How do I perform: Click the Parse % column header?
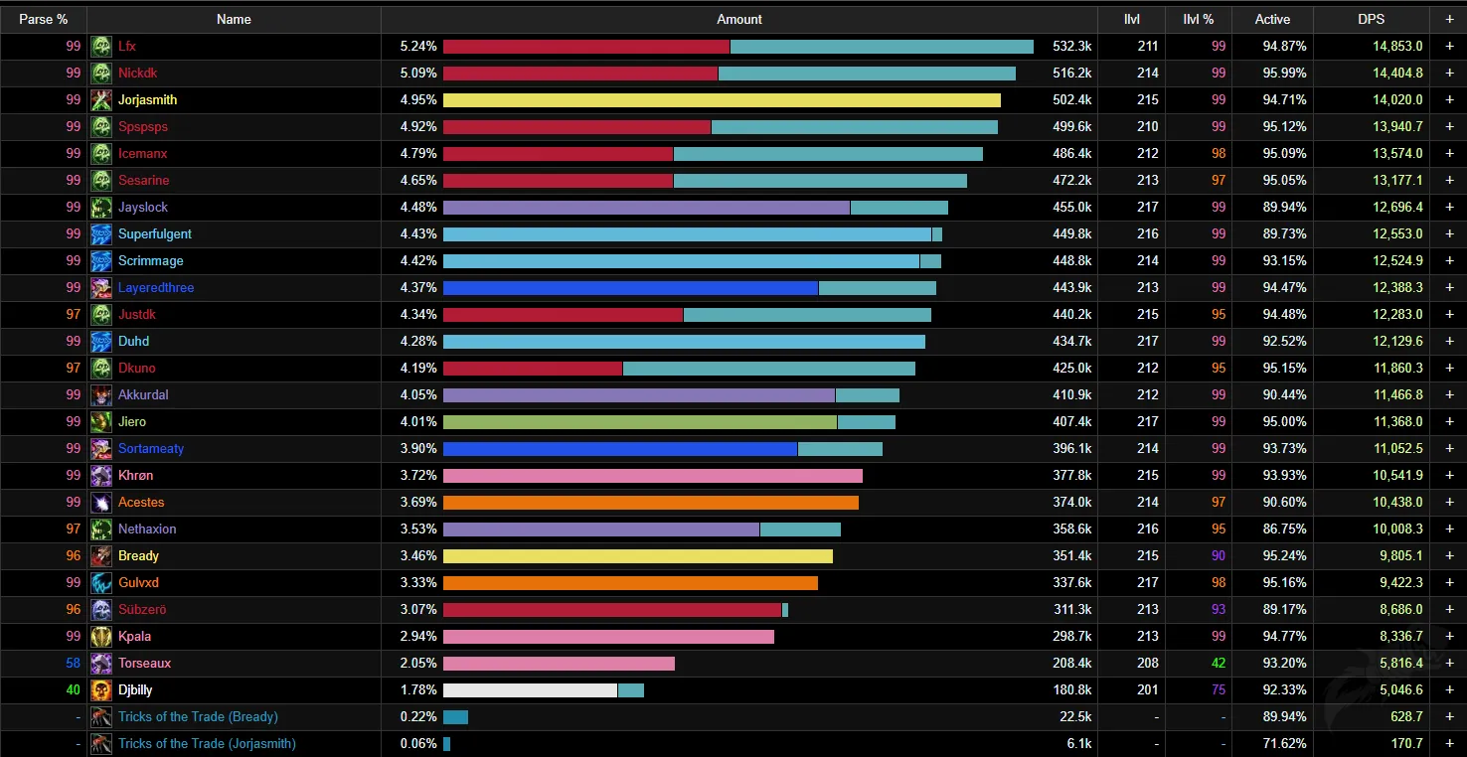43,20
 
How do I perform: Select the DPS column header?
1371,20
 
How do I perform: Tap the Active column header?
1272,20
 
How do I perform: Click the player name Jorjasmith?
147,99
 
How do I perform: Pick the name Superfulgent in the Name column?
155,233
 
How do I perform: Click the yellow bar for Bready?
638,556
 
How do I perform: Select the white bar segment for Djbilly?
530,690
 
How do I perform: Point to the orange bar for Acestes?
651,503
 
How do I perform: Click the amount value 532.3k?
1072,47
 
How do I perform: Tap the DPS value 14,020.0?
1397,99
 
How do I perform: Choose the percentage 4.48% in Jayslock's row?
418,207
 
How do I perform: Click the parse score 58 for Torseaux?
73,663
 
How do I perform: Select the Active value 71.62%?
1284,743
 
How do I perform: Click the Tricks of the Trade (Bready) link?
198,716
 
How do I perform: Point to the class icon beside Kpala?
100,637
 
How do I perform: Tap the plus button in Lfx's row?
1449,47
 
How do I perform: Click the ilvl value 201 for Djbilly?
1147,689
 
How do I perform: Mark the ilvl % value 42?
1219,663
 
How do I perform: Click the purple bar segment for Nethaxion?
601,530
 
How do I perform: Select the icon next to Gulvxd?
100,583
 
